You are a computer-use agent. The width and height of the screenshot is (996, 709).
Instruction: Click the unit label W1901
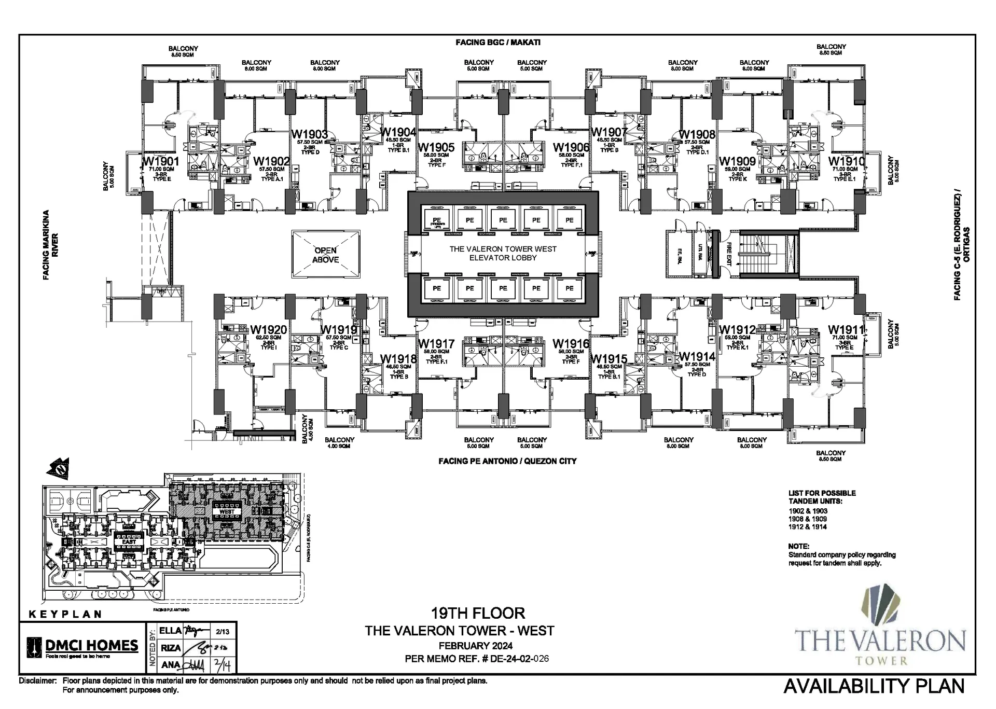click(x=161, y=161)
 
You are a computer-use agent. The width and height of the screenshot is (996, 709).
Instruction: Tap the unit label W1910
click(x=847, y=161)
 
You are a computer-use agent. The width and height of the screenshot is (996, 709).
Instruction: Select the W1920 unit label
click(x=269, y=330)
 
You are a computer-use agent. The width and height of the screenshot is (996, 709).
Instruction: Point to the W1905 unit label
click(x=436, y=148)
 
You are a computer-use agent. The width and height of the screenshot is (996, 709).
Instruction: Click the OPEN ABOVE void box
click(x=325, y=255)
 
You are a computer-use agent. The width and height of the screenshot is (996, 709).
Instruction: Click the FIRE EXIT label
click(x=728, y=254)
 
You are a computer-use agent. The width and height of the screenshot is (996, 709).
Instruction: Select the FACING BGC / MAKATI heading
click(x=498, y=42)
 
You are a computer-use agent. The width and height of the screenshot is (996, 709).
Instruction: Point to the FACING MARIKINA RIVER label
click(x=50, y=245)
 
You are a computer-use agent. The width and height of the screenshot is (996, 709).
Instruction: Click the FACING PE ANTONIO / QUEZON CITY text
click(x=507, y=461)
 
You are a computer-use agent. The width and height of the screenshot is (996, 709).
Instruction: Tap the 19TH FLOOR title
click(x=478, y=613)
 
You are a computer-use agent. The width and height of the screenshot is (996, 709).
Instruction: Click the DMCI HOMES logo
click(x=83, y=647)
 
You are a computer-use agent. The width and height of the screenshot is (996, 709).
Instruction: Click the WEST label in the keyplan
click(x=227, y=511)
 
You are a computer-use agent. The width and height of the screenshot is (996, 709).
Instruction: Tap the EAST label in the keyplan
click(x=129, y=541)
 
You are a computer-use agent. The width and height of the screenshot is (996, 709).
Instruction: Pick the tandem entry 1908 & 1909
click(x=808, y=519)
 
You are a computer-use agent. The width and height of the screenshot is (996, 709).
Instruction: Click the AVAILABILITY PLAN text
click(x=874, y=686)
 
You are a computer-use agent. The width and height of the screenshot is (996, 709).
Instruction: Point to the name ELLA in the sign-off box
click(x=170, y=631)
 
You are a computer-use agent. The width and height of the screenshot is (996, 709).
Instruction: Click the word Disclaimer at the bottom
click(x=37, y=680)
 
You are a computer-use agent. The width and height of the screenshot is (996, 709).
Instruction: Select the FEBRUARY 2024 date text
click(x=476, y=646)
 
